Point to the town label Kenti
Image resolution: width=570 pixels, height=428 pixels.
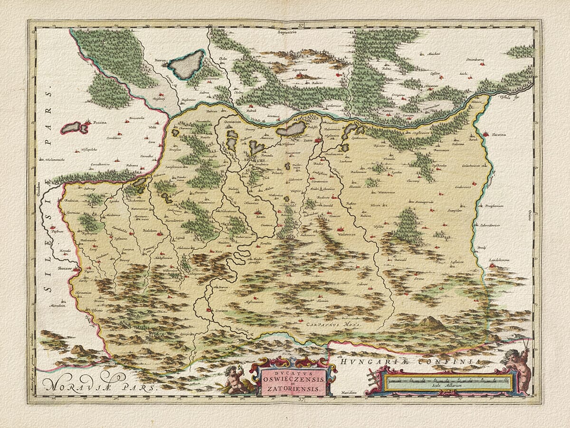coord(259,217)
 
